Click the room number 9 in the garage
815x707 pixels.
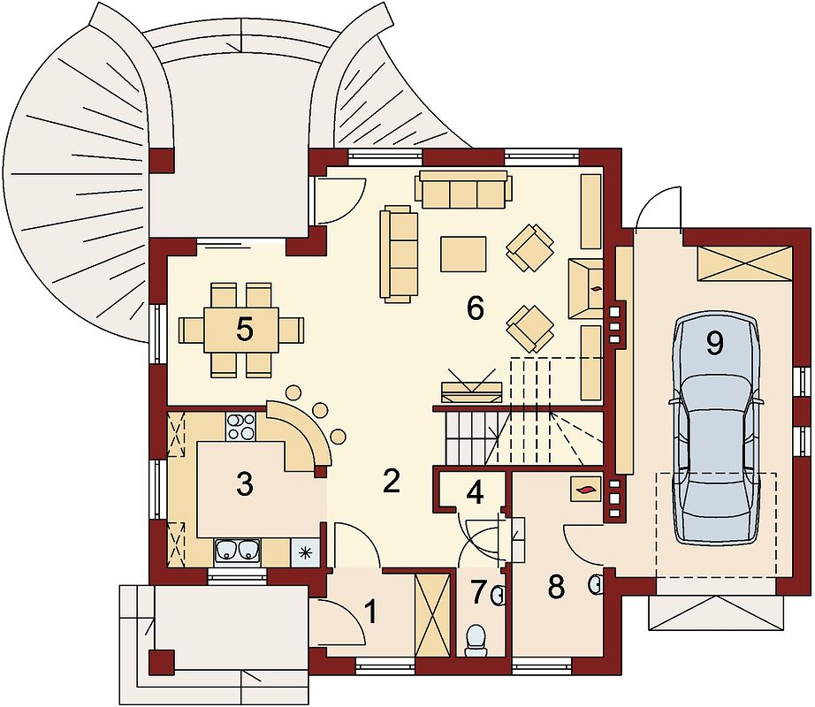pyautogui.click(x=715, y=343)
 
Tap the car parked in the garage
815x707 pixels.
pyautogui.click(x=715, y=431)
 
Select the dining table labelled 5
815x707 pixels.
pyautogui.click(x=241, y=330)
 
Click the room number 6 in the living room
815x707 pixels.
pyautogui.click(x=475, y=308)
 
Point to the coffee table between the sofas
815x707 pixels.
pyautogui.click(x=463, y=254)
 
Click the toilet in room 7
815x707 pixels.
pyautogui.click(x=475, y=641)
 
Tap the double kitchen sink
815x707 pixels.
pyautogui.click(x=238, y=551)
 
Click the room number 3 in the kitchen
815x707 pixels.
pyautogui.click(x=244, y=484)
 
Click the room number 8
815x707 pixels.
pyautogui.click(x=556, y=588)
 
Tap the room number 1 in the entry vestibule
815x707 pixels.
pyautogui.click(x=370, y=611)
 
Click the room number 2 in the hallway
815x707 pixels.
pyautogui.click(x=391, y=481)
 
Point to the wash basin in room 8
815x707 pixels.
pyautogui.click(x=596, y=585)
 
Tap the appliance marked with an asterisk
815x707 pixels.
pyautogui.click(x=305, y=551)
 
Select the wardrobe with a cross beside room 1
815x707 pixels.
pyautogui.click(x=432, y=616)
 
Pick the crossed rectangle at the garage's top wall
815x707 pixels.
pyautogui.click(x=744, y=264)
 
